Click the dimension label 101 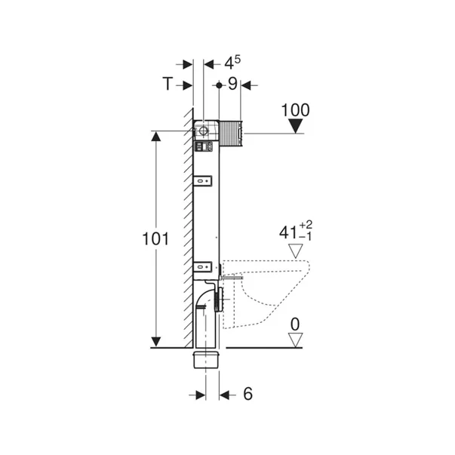(155, 239)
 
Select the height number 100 (295, 110)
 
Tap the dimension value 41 (288, 232)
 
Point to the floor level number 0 (295, 324)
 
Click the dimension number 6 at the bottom (247, 394)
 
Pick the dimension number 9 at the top (232, 84)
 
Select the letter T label (168, 84)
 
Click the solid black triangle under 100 (295, 126)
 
